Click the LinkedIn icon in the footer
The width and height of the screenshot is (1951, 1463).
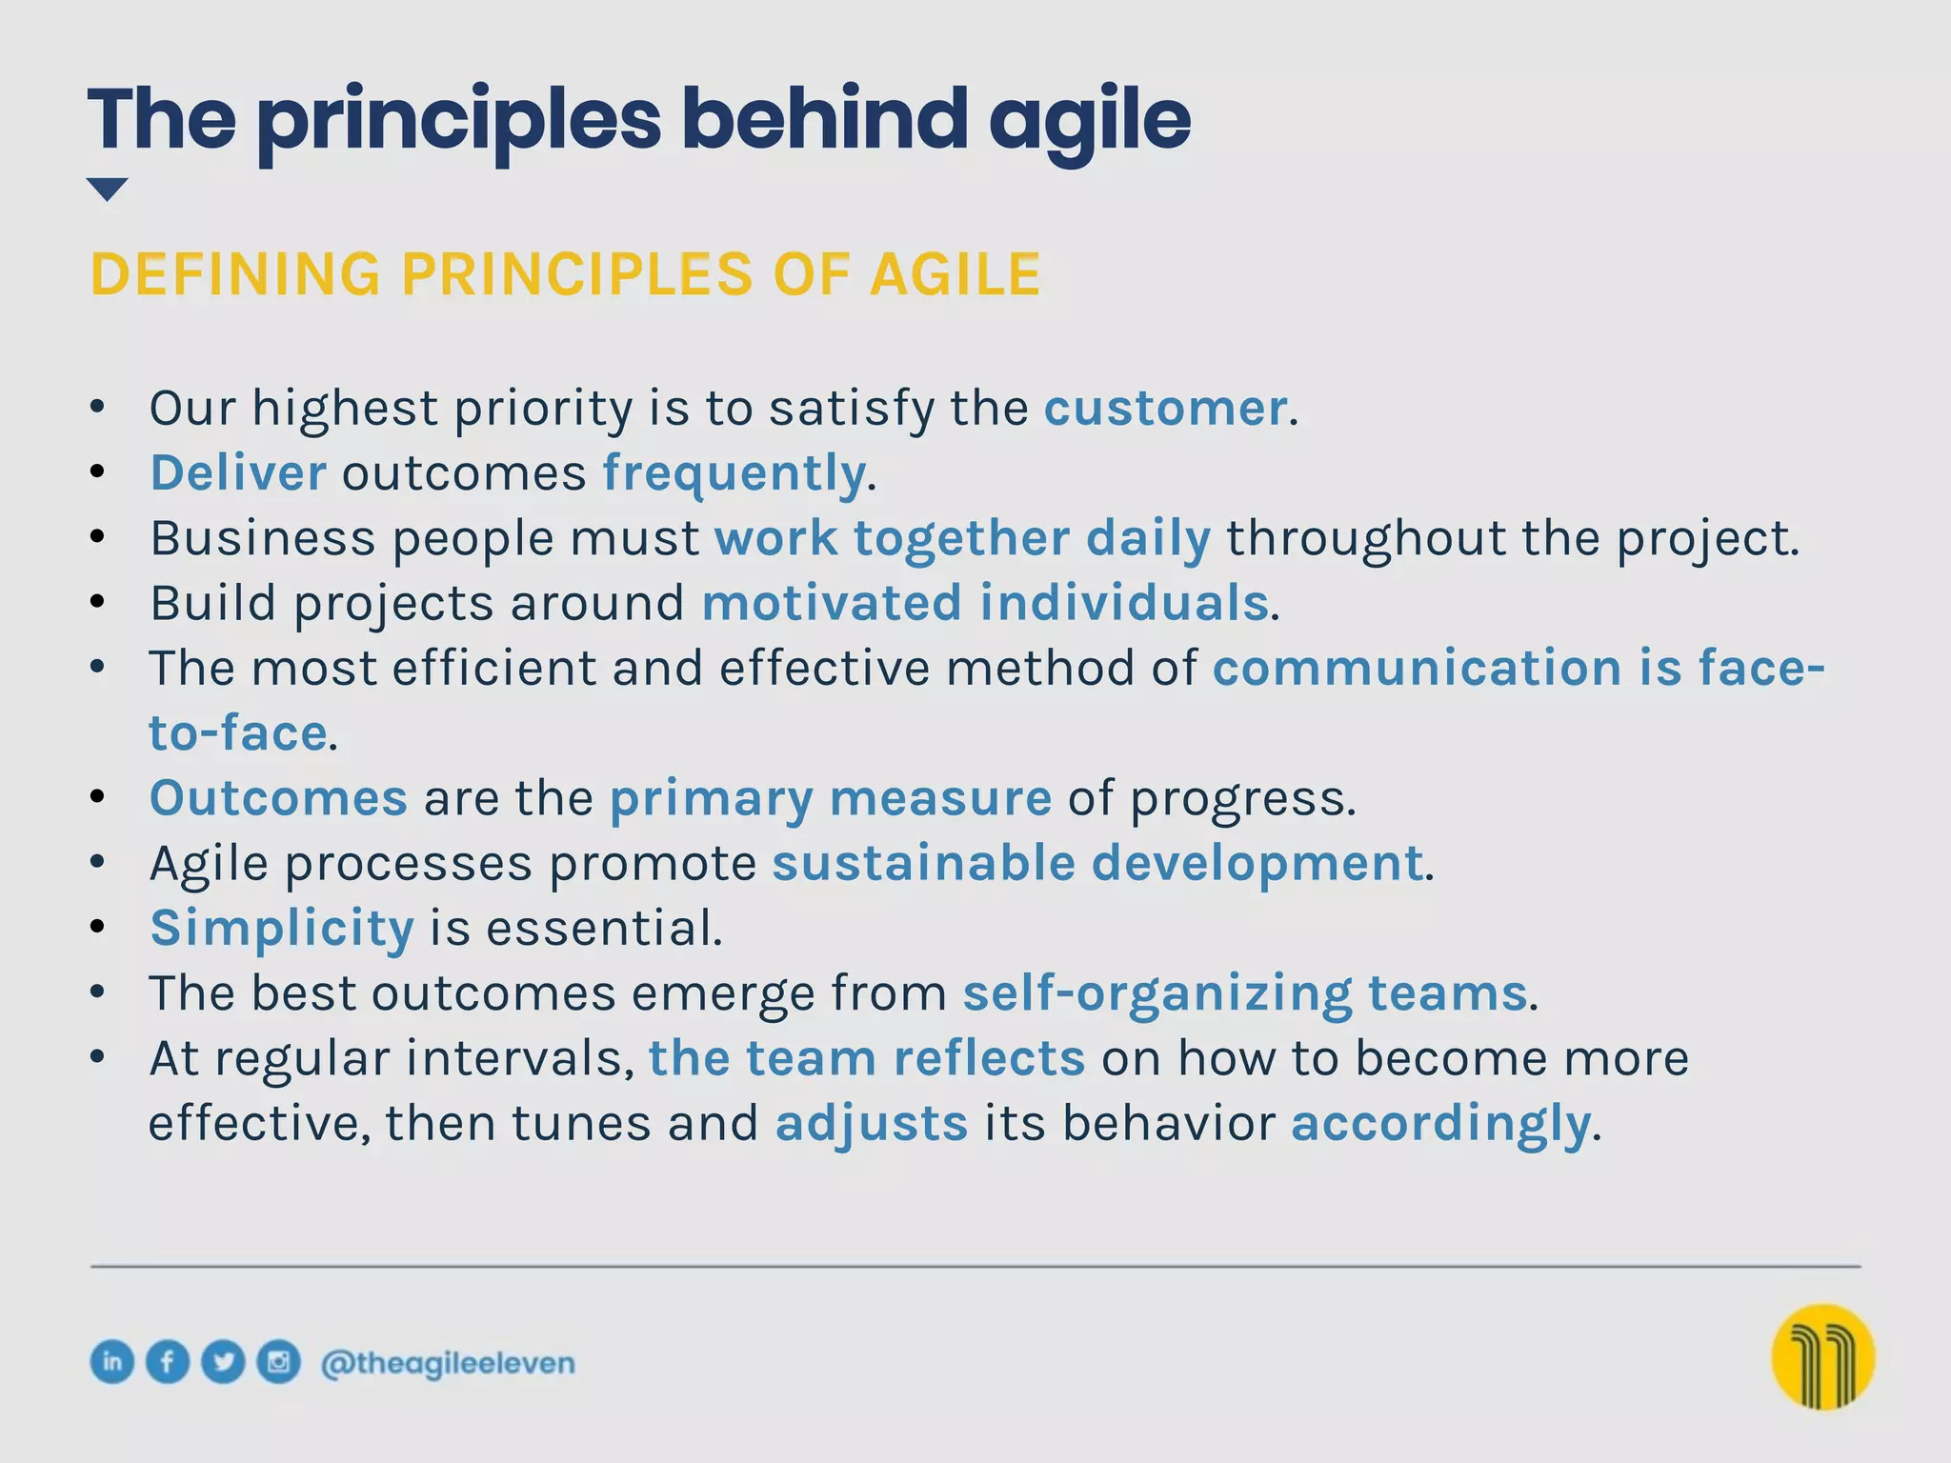(x=111, y=1361)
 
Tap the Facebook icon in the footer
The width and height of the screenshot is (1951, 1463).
(x=168, y=1361)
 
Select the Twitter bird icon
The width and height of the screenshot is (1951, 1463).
(x=224, y=1361)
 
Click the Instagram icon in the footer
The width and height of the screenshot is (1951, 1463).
(x=279, y=1361)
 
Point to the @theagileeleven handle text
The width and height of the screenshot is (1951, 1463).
(x=448, y=1363)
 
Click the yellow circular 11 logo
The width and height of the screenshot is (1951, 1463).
(x=1822, y=1356)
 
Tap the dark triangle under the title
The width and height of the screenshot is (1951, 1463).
(x=107, y=189)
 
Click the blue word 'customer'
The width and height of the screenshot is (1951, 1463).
(x=1165, y=409)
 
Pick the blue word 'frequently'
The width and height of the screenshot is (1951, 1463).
(x=734, y=473)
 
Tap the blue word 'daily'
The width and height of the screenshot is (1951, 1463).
(x=1148, y=538)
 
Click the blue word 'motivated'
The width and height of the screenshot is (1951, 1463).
(x=832, y=603)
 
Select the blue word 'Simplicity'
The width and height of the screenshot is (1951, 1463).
(x=282, y=928)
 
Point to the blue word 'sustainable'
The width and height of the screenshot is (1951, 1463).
(x=923, y=863)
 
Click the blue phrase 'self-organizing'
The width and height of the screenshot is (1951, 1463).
(x=1157, y=993)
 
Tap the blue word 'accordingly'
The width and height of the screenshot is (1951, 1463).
(x=1440, y=1124)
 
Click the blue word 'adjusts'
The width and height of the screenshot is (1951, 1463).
(x=871, y=1124)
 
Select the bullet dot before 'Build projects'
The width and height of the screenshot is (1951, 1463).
(x=97, y=602)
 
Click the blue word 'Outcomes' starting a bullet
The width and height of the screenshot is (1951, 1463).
(x=278, y=798)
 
